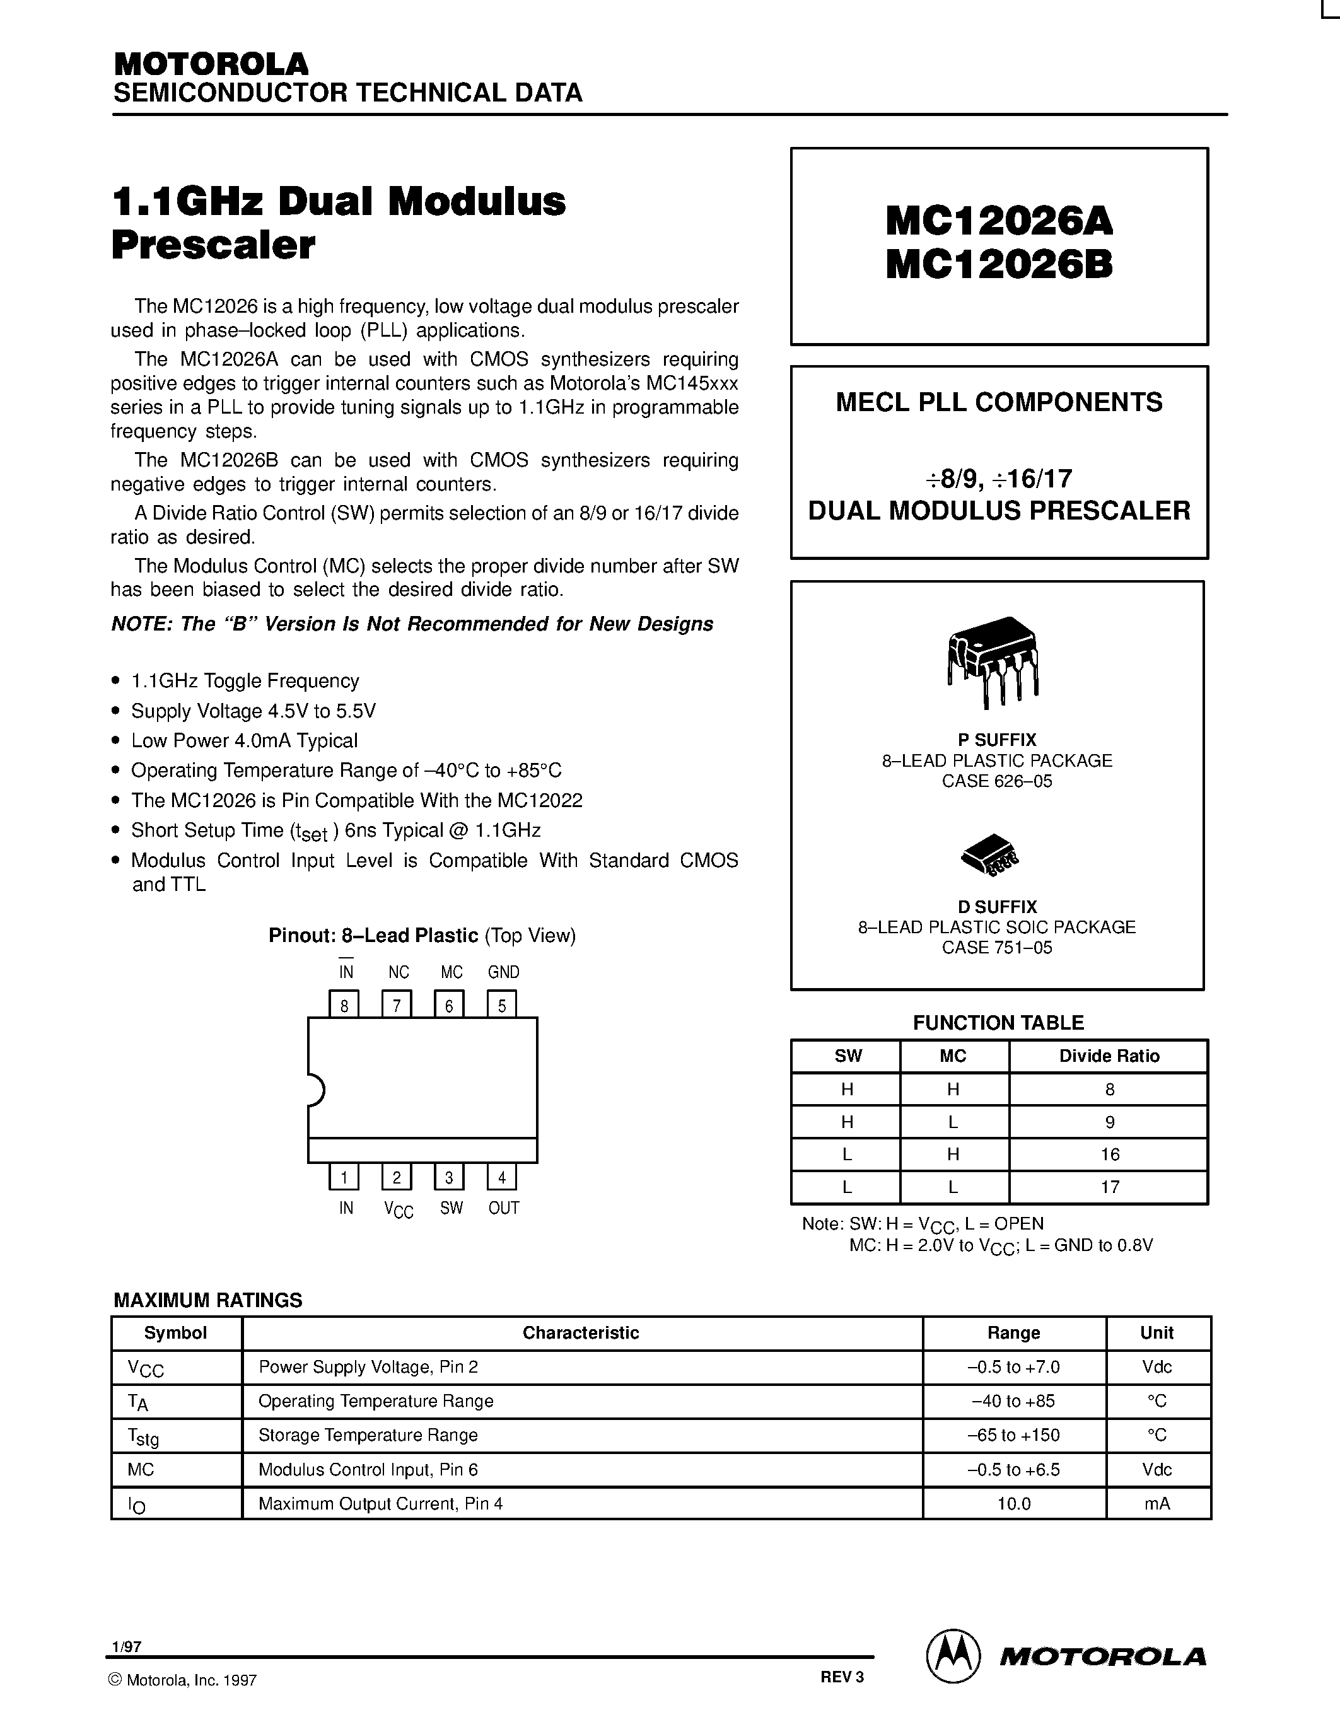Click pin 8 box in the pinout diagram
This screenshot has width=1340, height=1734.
(344, 1005)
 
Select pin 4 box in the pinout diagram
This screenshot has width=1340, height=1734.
(502, 1177)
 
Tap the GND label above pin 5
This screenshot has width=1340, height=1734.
(503, 972)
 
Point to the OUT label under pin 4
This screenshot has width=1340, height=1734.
(503, 1207)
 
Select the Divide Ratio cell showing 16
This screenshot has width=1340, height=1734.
(1109, 1155)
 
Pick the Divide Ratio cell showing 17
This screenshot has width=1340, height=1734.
(1109, 1187)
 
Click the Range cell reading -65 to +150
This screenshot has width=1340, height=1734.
(1014, 1434)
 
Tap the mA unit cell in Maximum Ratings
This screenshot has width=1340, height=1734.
(1157, 1503)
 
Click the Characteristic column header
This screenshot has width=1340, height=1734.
(580, 1333)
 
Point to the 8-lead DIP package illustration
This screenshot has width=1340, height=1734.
(993, 661)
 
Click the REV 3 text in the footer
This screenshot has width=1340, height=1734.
(841, 1677)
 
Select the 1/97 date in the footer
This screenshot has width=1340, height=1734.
(127, 1646)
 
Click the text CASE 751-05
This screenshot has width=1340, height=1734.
(997, 947)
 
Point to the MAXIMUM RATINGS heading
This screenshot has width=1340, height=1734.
(208, 1300)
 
